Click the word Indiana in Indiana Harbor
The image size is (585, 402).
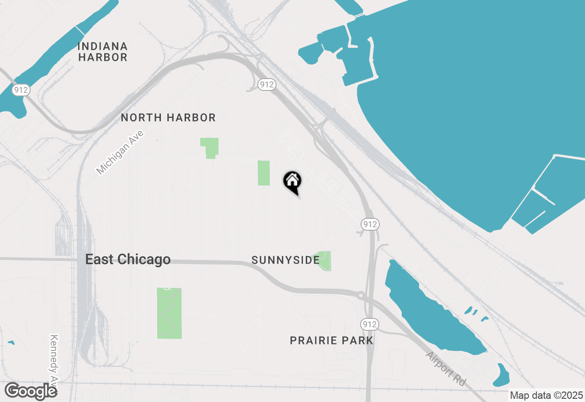click(x=102, y=46)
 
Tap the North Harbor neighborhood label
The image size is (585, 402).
click(x=168, y=117)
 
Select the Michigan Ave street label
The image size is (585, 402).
click(x=120, y=153)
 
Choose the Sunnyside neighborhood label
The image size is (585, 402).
click(x=285, y=260)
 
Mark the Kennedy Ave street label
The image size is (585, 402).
click(x=55, y=361)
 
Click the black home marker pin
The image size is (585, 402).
click(x=292, y=181)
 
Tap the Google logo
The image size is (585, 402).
click(x=31, y=391)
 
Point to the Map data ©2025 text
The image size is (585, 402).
click(x=546, y=395)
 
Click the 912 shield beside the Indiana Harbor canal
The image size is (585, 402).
click(x=21, y=90)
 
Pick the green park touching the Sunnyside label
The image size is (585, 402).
click(x=324, y=261)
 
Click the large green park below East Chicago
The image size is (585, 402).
click(x=169, y=313)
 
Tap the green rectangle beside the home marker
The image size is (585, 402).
click(x=264, y=173)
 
